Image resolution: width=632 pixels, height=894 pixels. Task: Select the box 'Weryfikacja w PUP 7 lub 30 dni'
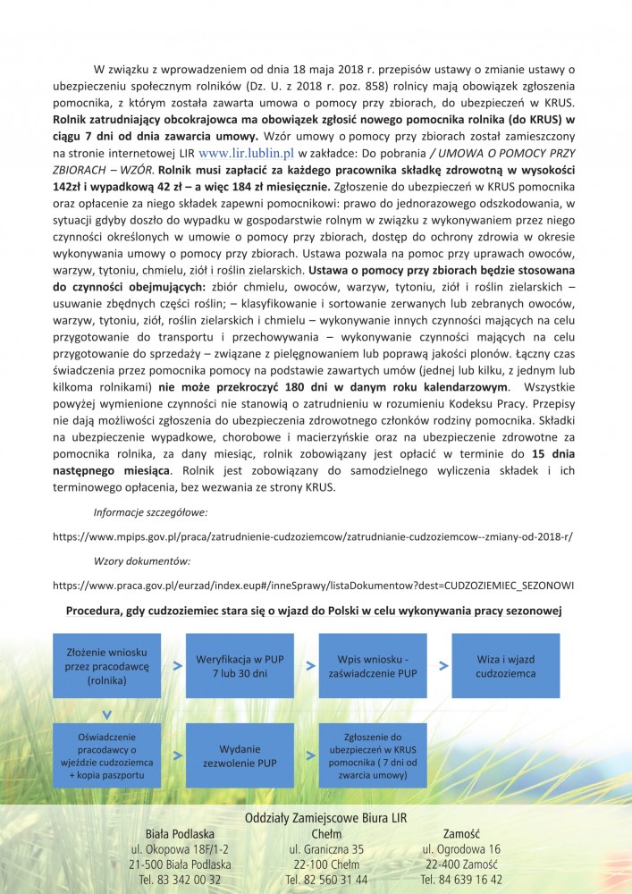click(x=239, y=666)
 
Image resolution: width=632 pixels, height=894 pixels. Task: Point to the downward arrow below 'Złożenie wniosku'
click(x=105, y=713)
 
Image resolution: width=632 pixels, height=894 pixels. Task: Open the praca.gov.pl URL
click(x=313, y=585)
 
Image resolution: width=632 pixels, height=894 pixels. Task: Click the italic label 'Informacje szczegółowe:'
click(x=150, y=513)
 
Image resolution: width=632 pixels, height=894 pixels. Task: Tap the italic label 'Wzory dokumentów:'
click(x=141, y=561)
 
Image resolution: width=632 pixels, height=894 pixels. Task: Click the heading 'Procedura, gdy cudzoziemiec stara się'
click(x=315, y=610)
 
